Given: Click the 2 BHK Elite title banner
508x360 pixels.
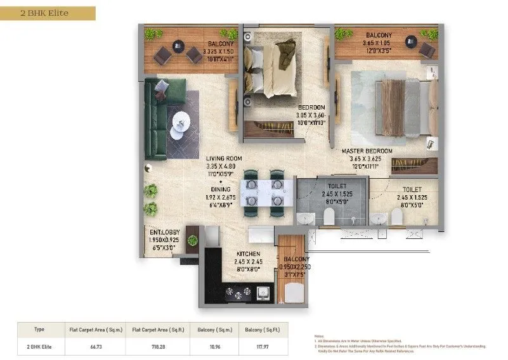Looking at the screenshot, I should click(x=48, y=12).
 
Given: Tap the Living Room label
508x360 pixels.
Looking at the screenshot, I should click(x=223, y=158).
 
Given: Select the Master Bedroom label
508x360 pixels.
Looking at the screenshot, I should click(x=367, y=151).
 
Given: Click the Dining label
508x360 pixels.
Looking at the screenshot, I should click(x=222, y=189).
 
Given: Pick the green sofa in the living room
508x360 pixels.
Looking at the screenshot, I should click(x=155, y=120).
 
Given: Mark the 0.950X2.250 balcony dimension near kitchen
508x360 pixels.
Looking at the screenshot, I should click(x=294, y=267).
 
